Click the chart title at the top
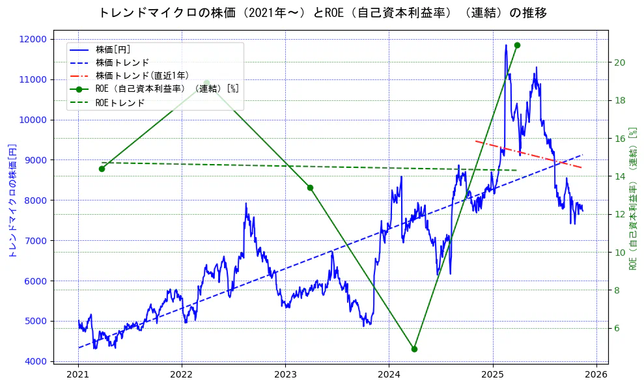click(322, 13)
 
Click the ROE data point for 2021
click(102, 169)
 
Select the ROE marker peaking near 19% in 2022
click(206, 83)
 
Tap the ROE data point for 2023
click(310, 187)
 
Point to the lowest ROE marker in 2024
click(414, 349)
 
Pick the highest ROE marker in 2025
click(517, 45)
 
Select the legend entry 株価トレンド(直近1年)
click(134, 76)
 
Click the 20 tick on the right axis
click(620, 62)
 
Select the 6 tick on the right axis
click(618, 329)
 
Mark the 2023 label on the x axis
click(285, 374)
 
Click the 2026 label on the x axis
click(596, 374)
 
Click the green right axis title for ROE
click(632, 199)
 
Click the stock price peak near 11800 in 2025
click(505, 46)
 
